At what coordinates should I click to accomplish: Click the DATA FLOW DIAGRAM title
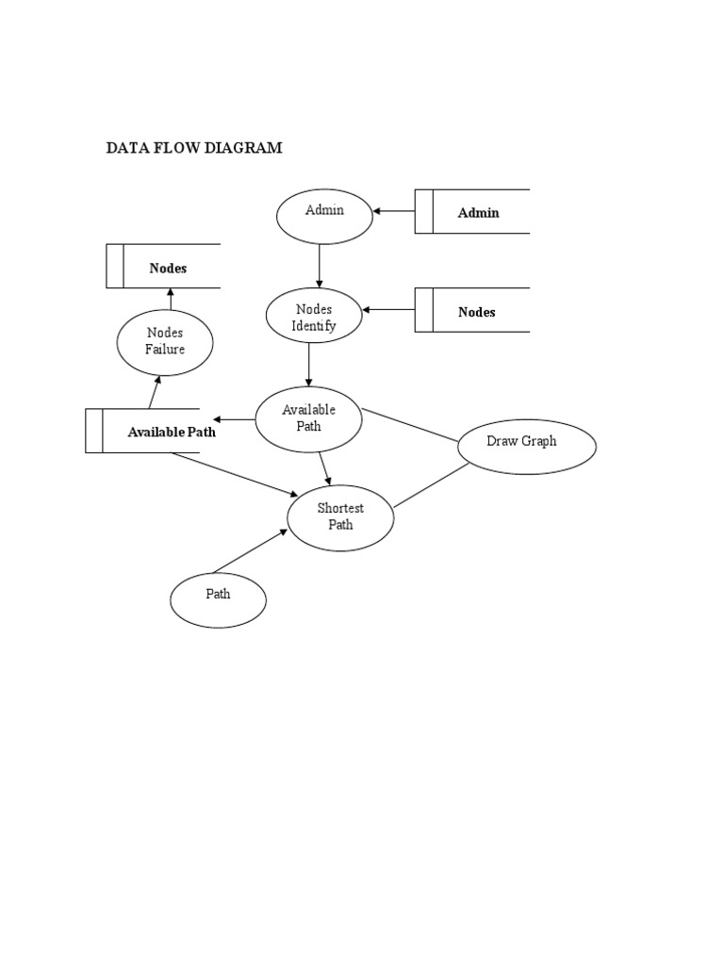193,148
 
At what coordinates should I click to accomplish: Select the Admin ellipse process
324,216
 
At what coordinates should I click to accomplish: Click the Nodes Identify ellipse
314,318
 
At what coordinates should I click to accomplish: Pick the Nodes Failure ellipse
165,341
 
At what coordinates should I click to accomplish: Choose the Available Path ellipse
308,419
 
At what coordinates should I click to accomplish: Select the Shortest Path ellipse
340,517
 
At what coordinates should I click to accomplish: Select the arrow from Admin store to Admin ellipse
394,211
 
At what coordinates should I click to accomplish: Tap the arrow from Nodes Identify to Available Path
309,363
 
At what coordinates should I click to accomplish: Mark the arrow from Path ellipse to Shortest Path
250,551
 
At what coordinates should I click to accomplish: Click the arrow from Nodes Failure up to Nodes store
171,300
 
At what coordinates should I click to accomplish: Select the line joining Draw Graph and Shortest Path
432,485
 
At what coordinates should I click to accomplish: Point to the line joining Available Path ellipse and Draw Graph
410,425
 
